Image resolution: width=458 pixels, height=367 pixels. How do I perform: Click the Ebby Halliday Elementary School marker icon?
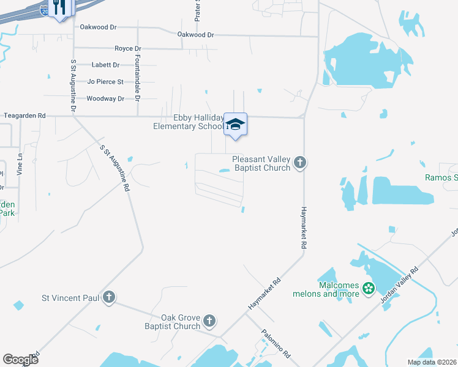click(235, 124)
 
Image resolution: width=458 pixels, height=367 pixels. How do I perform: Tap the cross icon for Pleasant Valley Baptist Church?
click(299, 163)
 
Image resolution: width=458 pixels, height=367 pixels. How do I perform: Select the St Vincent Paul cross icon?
click(108, 298)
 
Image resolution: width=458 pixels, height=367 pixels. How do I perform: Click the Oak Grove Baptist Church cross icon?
click(209, 321)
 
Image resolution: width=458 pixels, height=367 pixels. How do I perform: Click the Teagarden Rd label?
click(24, 115)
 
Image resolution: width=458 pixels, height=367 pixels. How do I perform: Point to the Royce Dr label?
click(127, 48)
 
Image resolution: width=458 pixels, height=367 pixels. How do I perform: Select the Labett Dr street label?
click(105, 65)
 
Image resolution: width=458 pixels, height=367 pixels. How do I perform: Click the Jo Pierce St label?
click(105, 81)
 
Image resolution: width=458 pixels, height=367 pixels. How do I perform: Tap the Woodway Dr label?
click(105, 98)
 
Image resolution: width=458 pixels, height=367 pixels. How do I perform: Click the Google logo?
click(20, 359)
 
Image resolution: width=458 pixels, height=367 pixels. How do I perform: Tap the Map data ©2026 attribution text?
click(432, 362)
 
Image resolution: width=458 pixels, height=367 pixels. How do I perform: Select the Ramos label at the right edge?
click(441, 178)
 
